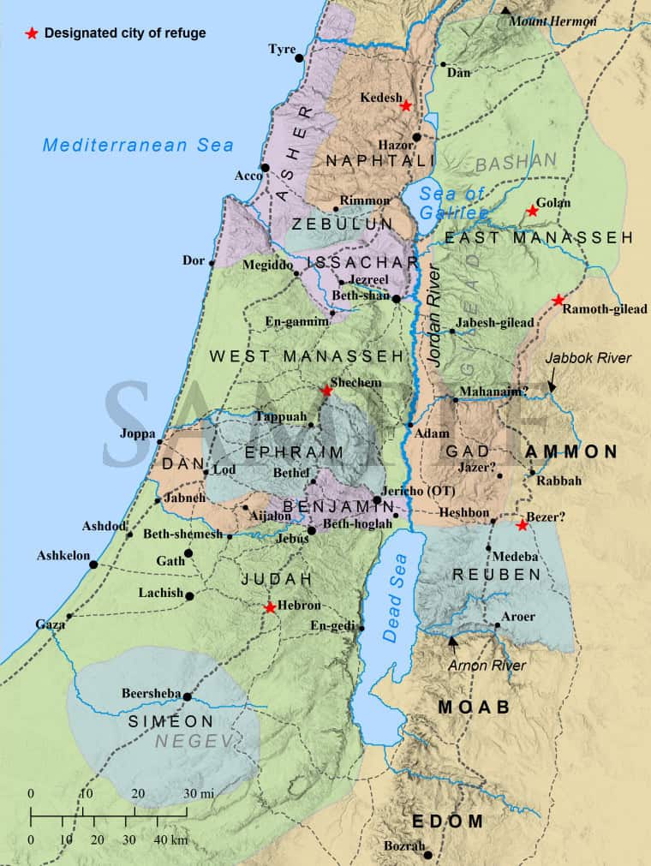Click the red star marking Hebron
pyautogui.click(x=270, y=607)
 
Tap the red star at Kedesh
pyautogui.click(x=407, y=105)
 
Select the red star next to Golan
pyautogui.click(x=532, y=210)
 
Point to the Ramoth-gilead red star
pyautogui.click(x=558, y=300)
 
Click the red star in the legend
pyautogui.click(x=33, y=33)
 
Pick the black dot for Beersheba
pyautogui.click(x=187, y=696)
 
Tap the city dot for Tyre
pyautogui.click(x=299, y=57)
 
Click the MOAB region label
pyautogui.click(x=474, y=708)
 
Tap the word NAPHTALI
pyautogui.click(x=369, y=162)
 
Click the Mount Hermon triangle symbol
pyautogui.click(x=507, y=10)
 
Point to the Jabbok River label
pyautogui.click(x=588, y=359)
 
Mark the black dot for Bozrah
pyautogui.click(x=427, y=854)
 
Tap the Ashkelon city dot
pyautogui.click(x=93, y=564)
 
